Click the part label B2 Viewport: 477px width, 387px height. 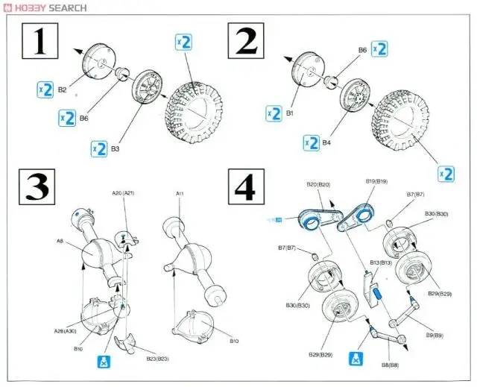coord(62,89)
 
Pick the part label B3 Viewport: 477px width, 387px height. coord(116,149)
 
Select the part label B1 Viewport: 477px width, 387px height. coord(291,113)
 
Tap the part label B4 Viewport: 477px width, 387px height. coord(327,142)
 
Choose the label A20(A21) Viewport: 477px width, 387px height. coord(122,193)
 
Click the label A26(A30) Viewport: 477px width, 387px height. coord(66,331)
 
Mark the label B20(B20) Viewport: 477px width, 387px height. coord(318,183)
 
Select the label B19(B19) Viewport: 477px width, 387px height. coord(376,181)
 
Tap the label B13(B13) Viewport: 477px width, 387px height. coord(380,262)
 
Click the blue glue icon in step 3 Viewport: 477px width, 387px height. coord(104,362)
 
